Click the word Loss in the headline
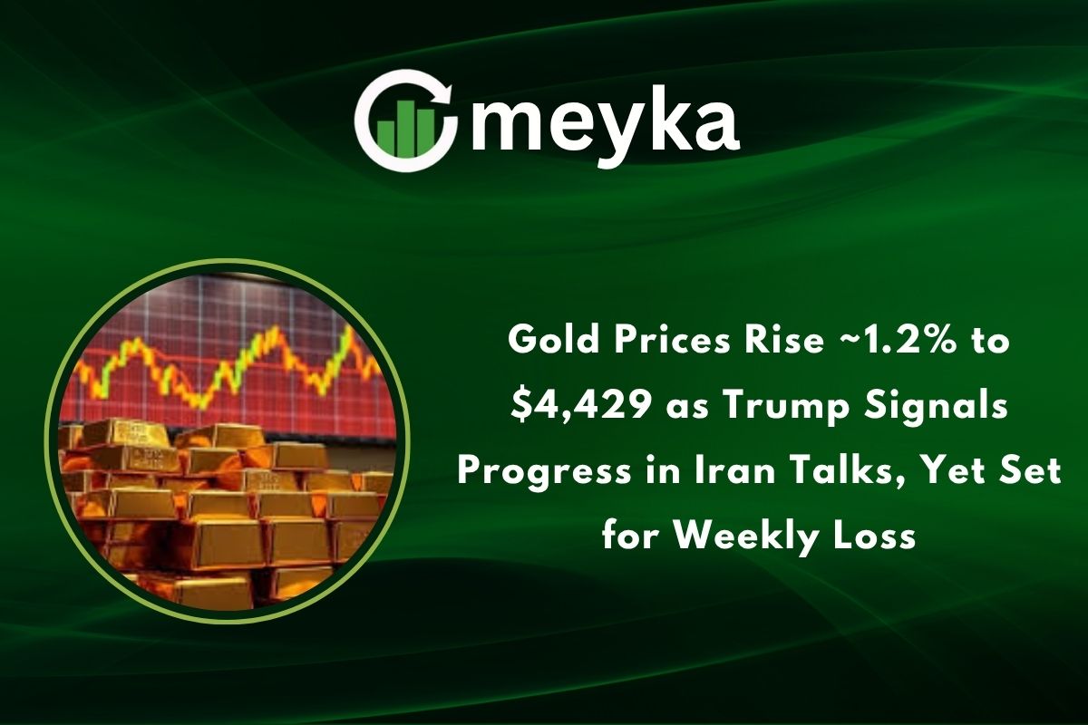pyautogui.click(x=877, y=536)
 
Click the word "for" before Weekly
pyautogui.click(x=631, y=536)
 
